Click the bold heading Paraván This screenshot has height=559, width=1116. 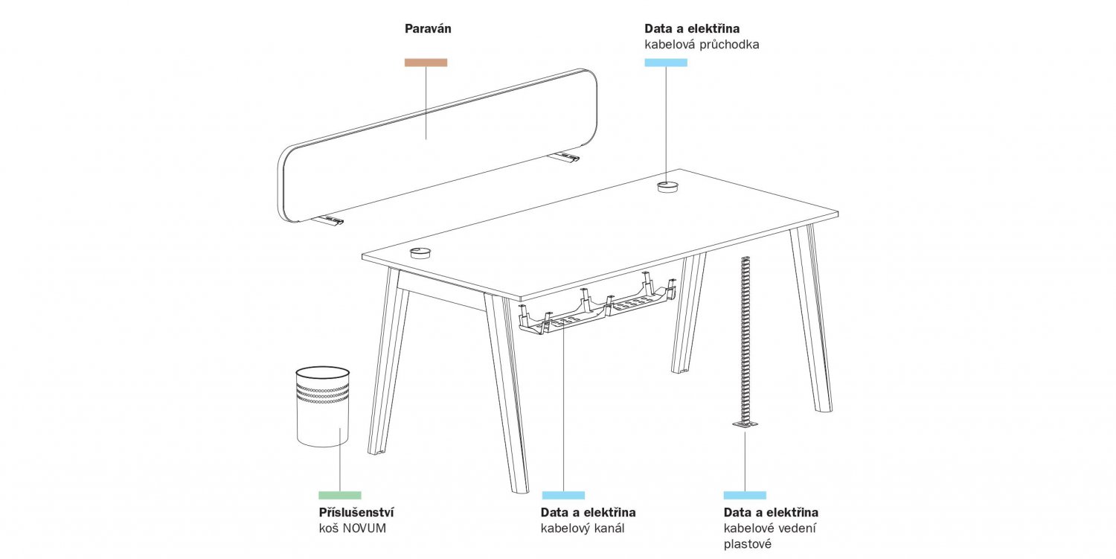point(428,29)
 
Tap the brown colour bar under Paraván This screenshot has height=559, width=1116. point(426,63)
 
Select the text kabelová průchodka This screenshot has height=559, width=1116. point(702,45)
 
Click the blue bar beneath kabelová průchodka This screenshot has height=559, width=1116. point(666,63)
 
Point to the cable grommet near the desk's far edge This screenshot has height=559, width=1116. point(667,187)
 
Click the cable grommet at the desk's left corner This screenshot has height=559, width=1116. point(422,252)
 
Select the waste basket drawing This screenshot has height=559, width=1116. point(323,406)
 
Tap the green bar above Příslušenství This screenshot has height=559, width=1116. point(340,495)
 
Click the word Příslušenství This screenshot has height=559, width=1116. point(356,513)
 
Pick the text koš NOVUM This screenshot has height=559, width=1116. point(352,528)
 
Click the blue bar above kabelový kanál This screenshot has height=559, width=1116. point(563,495)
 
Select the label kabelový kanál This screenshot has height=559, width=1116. point(582,528)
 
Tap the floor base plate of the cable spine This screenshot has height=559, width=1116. point(745,424)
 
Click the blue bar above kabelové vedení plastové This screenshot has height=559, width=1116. point(745,495)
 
